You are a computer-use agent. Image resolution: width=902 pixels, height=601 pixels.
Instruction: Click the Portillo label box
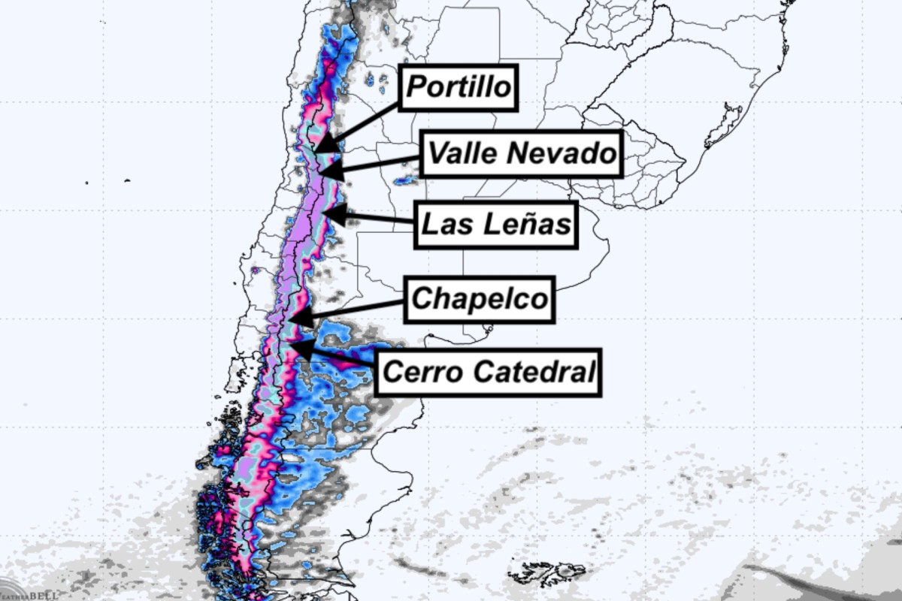click(459, 87)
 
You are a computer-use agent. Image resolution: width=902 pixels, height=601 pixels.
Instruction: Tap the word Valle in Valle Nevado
click(462, 154)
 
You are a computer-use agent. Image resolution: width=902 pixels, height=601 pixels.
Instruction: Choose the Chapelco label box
click(480, 299)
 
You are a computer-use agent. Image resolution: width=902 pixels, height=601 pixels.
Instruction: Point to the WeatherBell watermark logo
click(23, 592)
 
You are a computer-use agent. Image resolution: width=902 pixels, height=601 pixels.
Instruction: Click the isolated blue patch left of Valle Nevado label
click(405, 180)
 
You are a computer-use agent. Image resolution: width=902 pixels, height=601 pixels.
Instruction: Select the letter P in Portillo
click(416, 88)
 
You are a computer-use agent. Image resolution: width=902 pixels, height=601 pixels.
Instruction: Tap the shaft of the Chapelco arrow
click(353, 310)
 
